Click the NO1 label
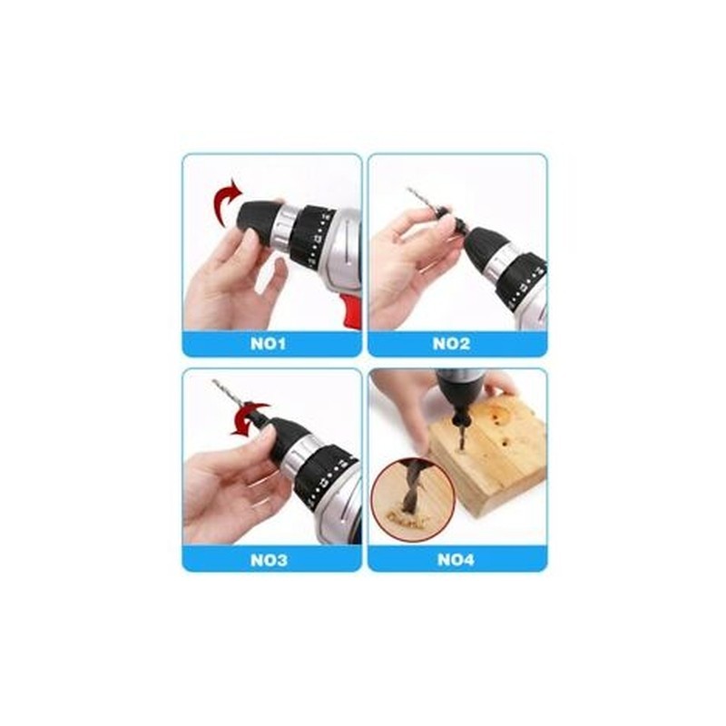[x=268, y=344]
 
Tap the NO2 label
[x=451, y=344]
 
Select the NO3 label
[x=269, y=560]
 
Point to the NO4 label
[x=456, y=560]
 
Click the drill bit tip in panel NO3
[x=214, y=381]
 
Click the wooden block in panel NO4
[x=486, y=458]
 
